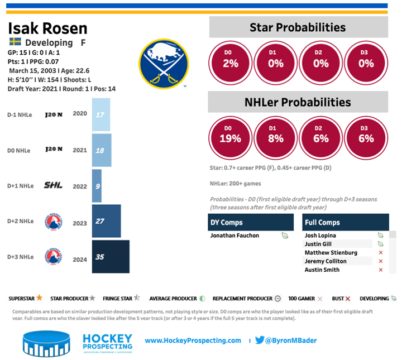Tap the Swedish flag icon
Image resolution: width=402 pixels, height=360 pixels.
pyautogui.click(x=15, y=42)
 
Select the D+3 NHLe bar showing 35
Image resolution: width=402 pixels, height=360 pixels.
pyautogui.click(x=111, y=257)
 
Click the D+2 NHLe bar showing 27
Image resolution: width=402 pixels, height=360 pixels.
pyautogui.click(x=106, y=222)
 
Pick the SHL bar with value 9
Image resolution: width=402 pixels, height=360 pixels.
pyautogui.click(x=97, y=186)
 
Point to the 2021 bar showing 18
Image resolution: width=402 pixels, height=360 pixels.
pyautogui.click(x=102, y=151)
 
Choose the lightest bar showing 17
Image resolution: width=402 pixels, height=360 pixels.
pyautogui.click(x=101, y=115)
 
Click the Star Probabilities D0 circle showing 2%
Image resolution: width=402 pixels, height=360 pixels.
pyautogui.click(x=231, y=63)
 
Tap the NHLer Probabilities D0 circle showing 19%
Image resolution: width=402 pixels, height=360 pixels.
pyautogui.click(x=231, y=138)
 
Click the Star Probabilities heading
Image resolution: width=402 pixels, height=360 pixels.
pyautogui.click(x=298, y=27)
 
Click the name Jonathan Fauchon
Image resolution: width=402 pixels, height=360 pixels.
pyautogui.click(x=234, y=236)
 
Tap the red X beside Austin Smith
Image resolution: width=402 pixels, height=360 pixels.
pyautogui.click(x=381, y=270)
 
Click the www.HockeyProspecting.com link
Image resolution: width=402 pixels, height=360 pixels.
pyautogui.click(x=193, y=340)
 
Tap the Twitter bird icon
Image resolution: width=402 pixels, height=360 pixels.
pyautogui.click(x=260, y=340)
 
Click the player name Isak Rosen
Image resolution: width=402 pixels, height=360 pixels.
pyautogui.click(x=49, y=28)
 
